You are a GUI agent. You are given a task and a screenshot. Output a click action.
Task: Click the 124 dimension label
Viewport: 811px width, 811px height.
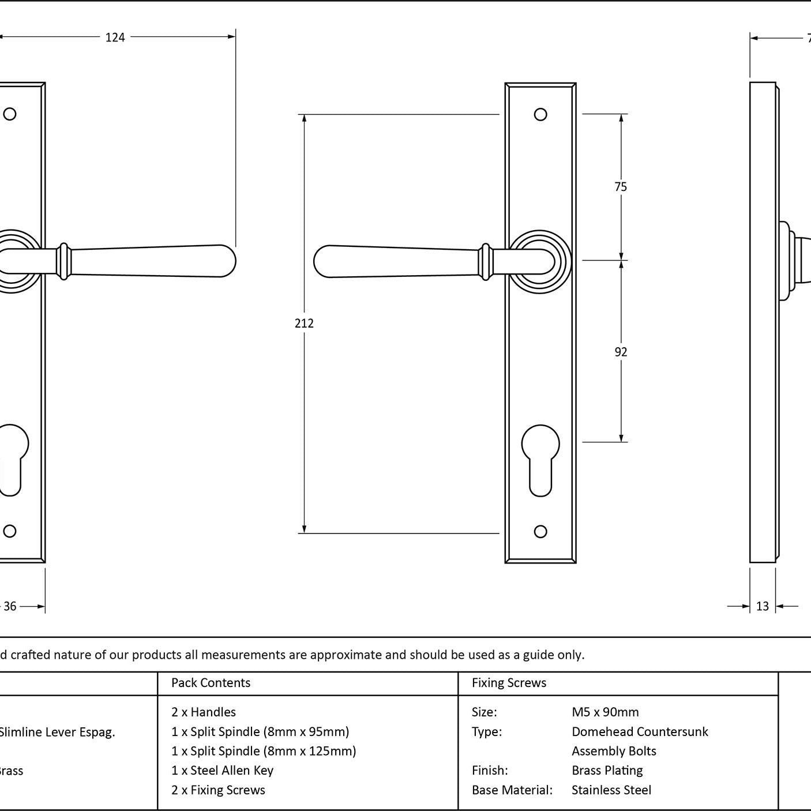(115, 37)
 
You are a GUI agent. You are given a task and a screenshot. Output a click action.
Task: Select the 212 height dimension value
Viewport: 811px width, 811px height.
(304, 324)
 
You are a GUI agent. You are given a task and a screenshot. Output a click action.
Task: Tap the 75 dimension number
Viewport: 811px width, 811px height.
(621, 187)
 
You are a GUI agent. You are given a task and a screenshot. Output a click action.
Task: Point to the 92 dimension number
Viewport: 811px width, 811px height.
(621, 352)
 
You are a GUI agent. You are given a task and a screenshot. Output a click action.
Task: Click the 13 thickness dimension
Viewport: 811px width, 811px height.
(763, 606)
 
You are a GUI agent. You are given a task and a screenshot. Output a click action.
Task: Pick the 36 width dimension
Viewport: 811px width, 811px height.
(10, 606)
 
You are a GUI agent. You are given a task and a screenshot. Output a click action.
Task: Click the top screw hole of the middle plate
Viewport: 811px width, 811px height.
(540, 114)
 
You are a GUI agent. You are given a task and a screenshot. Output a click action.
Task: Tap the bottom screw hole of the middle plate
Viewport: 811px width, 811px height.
(540, 531)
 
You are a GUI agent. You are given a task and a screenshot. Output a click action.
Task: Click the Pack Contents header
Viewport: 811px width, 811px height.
(211, 683)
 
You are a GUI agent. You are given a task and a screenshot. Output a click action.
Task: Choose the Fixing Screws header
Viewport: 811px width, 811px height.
(509, 683)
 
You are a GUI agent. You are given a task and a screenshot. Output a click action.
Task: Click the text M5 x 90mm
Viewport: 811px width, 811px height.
(605, 712)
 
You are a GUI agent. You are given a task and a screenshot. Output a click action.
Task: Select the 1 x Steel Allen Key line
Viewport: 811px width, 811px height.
(222, 771)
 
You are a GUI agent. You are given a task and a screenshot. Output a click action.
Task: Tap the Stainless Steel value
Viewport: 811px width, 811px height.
(611, 790)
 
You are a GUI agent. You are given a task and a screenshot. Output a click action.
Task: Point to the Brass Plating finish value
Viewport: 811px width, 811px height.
(607, 771)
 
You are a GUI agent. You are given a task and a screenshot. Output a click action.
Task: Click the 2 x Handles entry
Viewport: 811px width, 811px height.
(204, 712)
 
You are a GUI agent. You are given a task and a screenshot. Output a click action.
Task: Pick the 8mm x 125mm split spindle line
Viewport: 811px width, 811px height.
(264, 751)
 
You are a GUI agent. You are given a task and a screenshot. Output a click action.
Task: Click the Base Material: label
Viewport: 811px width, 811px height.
(512, 790)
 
